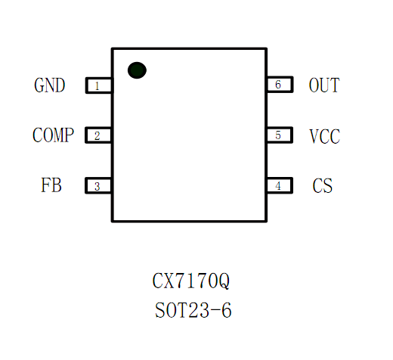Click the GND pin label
pyautogui.click(x=50, y=85)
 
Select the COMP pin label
pyautogui.click(x=53, y=135)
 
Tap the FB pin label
pyautogui.click(x=51, y=185)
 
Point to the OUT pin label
pyautogui.click(x=324, y=85)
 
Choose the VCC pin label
pyautogui.click(x=325, y=136)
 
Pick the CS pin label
pyautogui.click(x=323, y=186)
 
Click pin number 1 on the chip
pyautogui.click(x=97, y=86)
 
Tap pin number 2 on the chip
pyautogui.click(x=97, y=136)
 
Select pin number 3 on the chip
pyautogui.click(x=97, y=187)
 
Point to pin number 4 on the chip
pyautogui.click(x=278, y=186)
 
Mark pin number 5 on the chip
pyautogui.click(x=278, y=135)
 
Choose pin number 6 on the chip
pyautogui.click(x=278, y=85)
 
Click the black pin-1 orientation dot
pyautogui.click(x=137, y=70)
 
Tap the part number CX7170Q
pyautogui.click(x=191, y=281)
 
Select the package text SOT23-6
pyautogui.click(x=193, y=310)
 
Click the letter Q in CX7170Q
pyautogui.click(x=224, y=281)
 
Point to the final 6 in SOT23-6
pyautogui.click(x=227, y=310)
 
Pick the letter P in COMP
pyautogui.click(x=69, y=135)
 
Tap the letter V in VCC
pyautogui.click(x=314, y=136)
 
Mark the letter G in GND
pyautogui.click(x=39, y=85)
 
